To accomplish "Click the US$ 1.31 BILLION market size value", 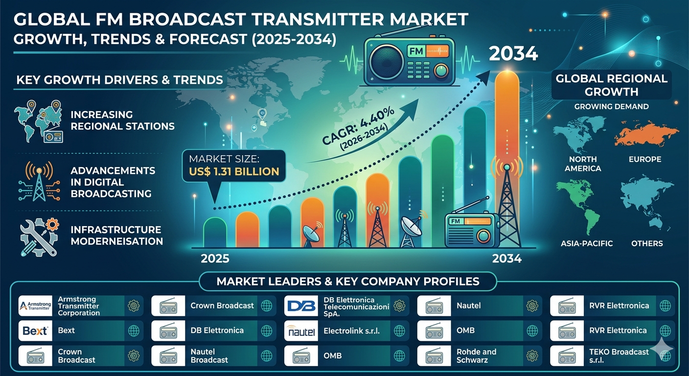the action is click(234, 171).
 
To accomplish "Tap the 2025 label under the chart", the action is click(215, 258).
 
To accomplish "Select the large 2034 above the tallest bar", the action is click(513, 53).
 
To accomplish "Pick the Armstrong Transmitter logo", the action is click(35, 306).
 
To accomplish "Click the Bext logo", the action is click(35, 331).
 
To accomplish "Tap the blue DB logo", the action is click(301, 306).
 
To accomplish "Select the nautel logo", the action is click(301, 331).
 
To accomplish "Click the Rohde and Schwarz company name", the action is click(476, 356).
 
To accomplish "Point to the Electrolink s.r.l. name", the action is click(351, 331).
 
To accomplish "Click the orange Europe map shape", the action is click(646, 134).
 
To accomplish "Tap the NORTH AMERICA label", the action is click(583, 164).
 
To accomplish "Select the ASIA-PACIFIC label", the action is click(587, 243).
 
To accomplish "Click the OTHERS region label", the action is click(647, 243).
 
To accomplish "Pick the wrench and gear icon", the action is click(39, 237).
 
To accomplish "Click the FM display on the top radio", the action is click(416, 51).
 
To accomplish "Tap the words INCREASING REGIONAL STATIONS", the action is click(122, 120).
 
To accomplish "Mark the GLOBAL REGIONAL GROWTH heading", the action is click(611, 85).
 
